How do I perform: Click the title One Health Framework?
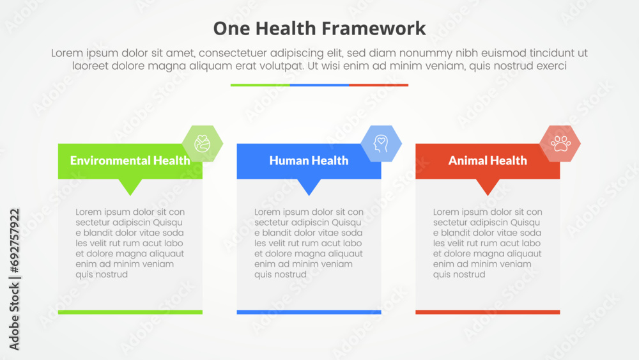pos(319,28)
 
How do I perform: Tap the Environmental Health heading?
pos(130,160)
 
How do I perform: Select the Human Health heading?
pos(309,160)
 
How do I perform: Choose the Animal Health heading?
pos(488,160)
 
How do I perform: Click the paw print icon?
pos(560,143)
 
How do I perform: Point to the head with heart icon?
pos(381,143)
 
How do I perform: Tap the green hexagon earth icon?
pos(203,143)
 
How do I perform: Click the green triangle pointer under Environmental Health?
pos(131,186)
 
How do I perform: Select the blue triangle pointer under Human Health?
pos(310,186)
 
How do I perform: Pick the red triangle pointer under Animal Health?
pos(488,186)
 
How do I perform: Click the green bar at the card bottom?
pos(130,312)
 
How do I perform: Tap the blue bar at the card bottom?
pos(309,312)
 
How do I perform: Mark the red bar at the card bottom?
pos(488,312)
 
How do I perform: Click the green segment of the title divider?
pos(260,84)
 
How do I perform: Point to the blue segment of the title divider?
pos(319,84)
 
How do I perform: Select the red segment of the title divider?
pos(379,84)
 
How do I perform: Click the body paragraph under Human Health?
pos(309,243)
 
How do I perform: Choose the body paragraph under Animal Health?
pos(488,243)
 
